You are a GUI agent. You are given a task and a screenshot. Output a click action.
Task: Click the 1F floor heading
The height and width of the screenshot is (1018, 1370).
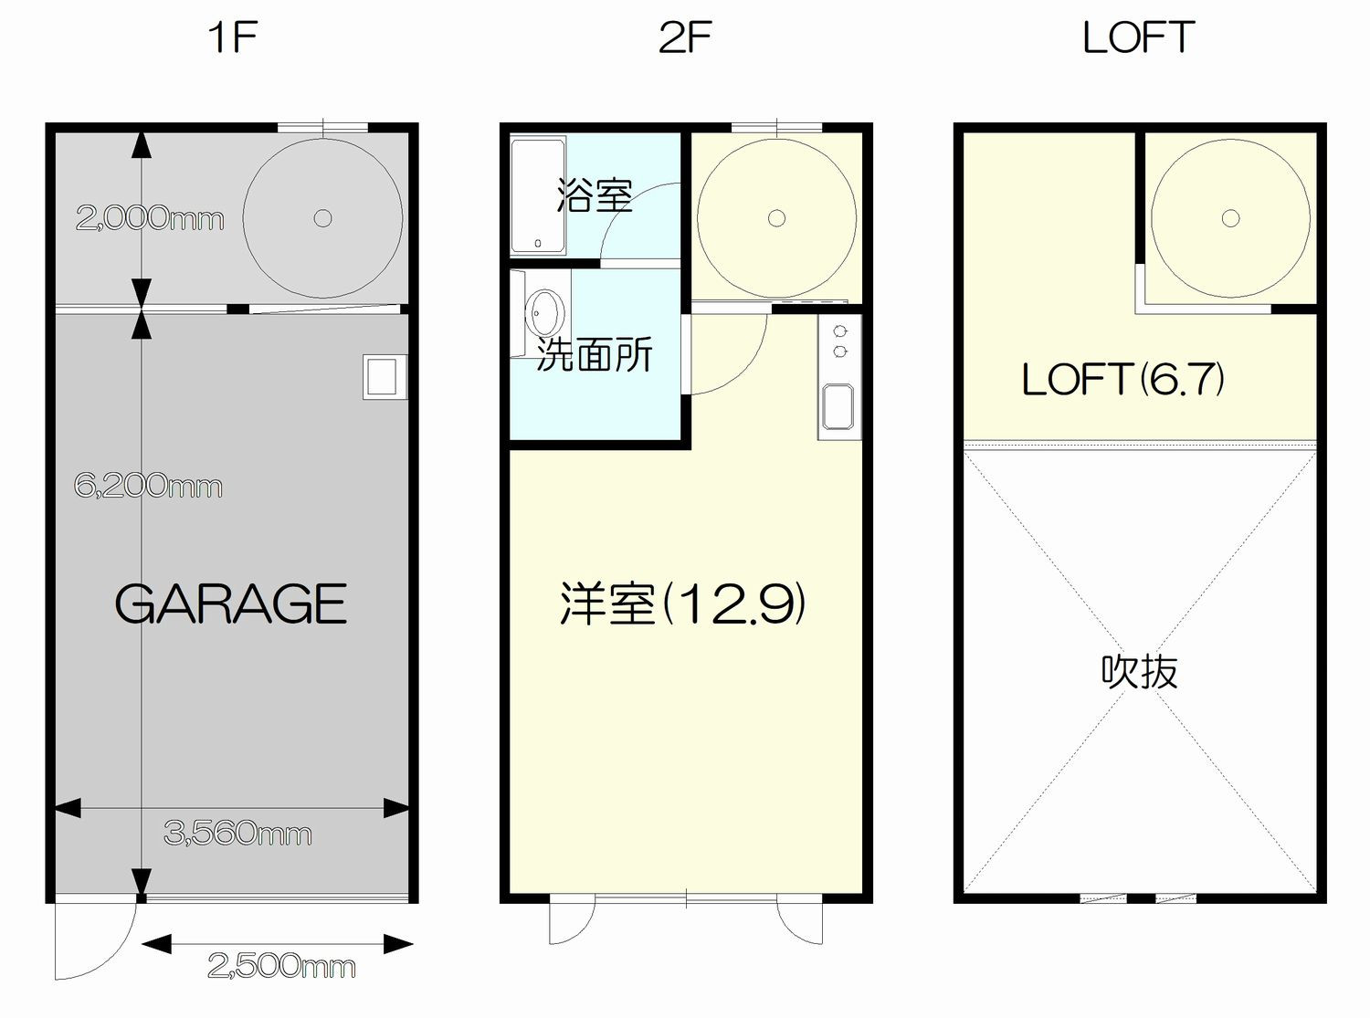coord(233,37)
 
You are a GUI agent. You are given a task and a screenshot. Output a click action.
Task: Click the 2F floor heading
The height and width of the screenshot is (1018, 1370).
coord(685,37)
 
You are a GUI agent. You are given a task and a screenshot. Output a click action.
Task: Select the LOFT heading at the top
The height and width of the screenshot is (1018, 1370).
coord(1138,37)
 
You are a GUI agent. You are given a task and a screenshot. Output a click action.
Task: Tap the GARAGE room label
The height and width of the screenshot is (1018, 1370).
coord(230,603)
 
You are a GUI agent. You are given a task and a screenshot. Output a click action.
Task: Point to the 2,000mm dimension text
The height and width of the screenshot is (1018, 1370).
coord(150,218)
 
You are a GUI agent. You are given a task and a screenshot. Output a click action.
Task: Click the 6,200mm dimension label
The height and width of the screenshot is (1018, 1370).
coord(148,486)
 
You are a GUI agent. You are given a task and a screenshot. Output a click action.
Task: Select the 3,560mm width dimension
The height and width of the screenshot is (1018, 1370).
coord(237,834)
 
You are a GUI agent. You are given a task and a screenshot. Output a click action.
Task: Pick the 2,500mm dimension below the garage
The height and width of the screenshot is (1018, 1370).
coord(281,966)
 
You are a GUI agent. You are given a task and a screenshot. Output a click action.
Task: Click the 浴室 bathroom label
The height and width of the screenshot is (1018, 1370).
coord(595,195)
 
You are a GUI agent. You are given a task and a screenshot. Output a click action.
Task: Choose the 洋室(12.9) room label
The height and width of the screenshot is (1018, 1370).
coord(682,603)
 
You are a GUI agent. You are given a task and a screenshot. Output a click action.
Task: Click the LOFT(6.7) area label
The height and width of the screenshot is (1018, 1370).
coord(1122,379)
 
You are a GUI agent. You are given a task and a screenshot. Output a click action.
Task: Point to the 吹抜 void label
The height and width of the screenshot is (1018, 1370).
coord(1140,671)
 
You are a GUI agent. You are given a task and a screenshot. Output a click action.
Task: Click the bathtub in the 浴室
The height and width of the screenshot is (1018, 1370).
coord(538,195)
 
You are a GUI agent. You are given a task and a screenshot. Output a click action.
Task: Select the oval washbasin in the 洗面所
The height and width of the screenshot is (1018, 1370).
coord(544,313)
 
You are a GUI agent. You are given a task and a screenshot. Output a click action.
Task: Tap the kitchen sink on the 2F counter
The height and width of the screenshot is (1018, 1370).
coord(838,406)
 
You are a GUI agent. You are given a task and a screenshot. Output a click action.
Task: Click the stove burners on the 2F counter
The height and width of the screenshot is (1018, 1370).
coord(839,341)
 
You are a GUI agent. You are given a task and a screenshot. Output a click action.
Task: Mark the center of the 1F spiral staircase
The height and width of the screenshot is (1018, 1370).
coord(323,218)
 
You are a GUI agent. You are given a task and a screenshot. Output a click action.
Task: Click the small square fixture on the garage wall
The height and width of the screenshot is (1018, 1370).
coord(385,377)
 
